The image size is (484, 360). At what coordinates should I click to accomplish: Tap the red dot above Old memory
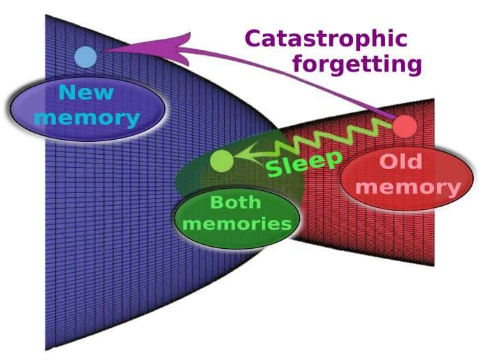[405, 126]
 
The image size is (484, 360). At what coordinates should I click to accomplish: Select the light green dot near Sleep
[222, 161]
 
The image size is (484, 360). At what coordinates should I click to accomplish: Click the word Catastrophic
[326, 39]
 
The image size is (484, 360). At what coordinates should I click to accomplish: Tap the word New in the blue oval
[86, 92]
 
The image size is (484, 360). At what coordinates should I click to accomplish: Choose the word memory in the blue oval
[87, 117]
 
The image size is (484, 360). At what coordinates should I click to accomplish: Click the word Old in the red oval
[400, 162]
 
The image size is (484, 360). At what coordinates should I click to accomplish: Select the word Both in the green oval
[235, 202]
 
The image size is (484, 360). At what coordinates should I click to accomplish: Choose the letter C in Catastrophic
[254, 39]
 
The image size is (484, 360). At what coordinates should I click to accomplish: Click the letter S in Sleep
[273, 168]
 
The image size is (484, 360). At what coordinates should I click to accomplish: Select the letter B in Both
[216, 202]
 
